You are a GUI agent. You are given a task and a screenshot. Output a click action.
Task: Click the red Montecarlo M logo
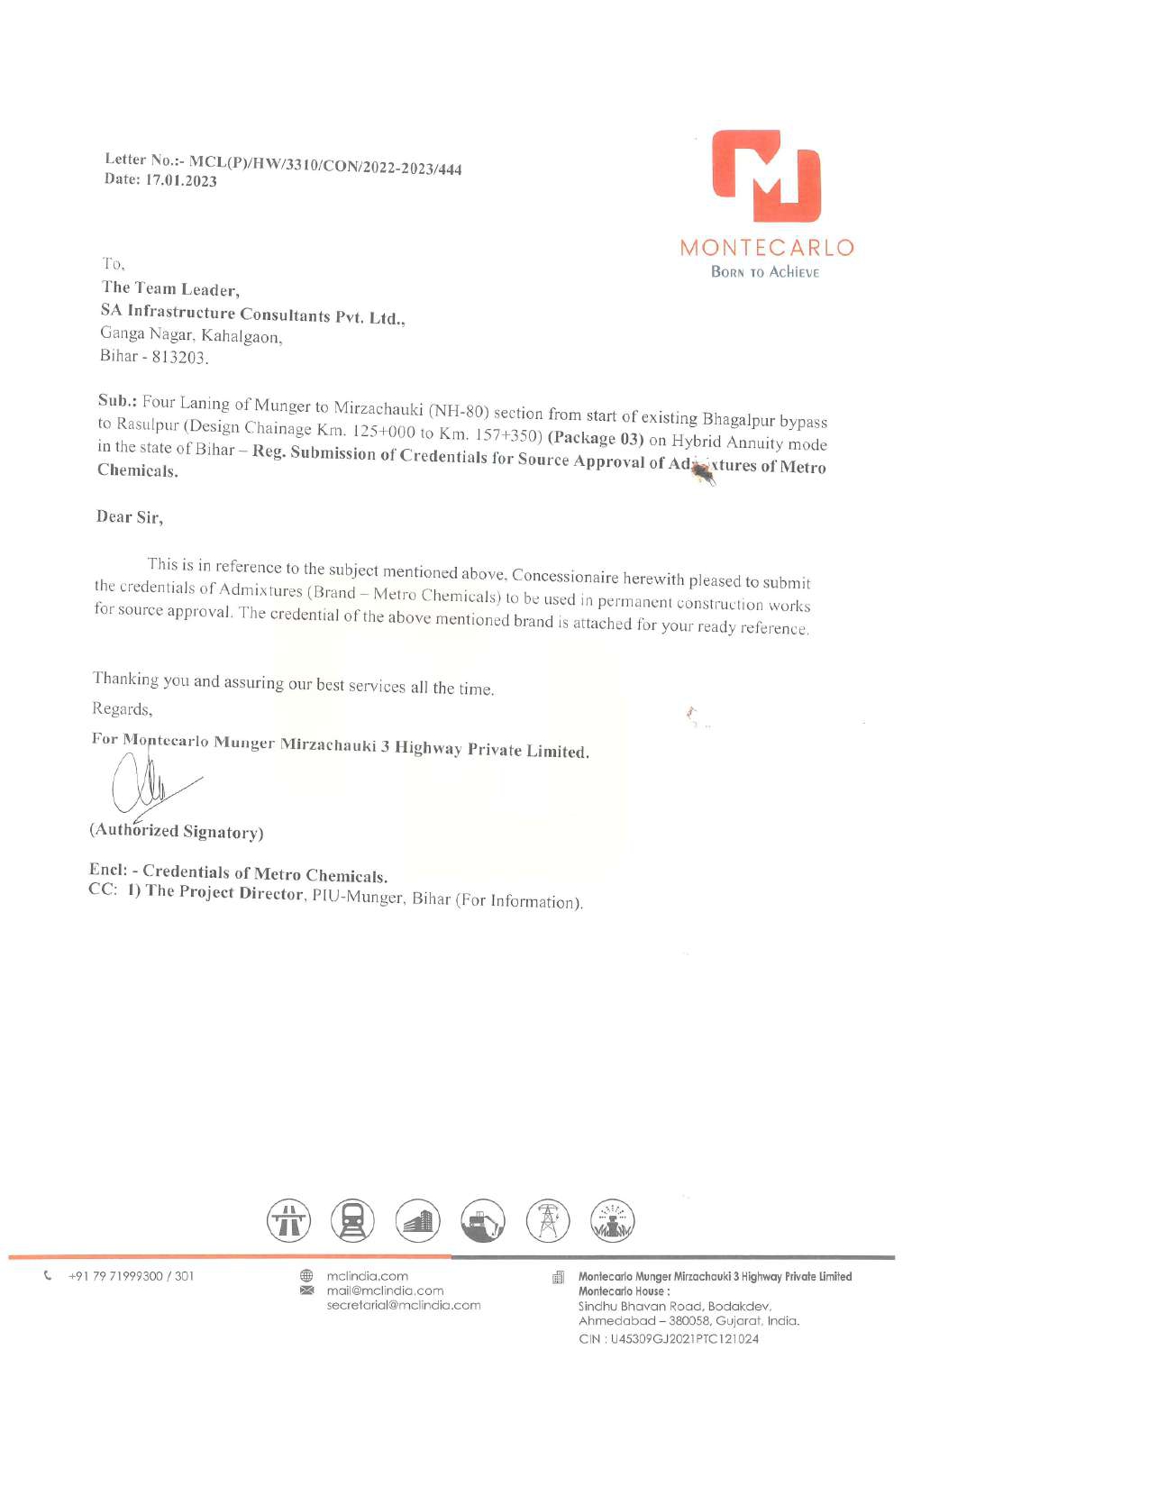[x=766, y=177]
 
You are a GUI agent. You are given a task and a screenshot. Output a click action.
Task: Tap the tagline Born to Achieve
[x=765, y=272]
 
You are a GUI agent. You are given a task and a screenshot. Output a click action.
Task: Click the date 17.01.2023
[x=181, y=180]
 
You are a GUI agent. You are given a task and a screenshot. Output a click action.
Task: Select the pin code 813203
[x=178, y=357]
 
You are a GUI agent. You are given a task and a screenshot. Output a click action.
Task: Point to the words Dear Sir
[x=129, y=517]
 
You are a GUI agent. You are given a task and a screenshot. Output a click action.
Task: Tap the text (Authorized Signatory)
[x=177, y=831]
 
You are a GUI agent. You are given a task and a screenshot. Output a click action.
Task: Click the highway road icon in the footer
[x=288, y=1221]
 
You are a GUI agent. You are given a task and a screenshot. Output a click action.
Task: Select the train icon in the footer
[x=352, y=1221]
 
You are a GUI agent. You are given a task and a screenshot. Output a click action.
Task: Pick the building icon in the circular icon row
[x=418, y=1221]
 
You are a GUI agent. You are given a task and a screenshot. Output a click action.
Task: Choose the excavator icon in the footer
[x=483, y=1221]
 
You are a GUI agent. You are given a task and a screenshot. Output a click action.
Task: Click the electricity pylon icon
[x=548, y=1221]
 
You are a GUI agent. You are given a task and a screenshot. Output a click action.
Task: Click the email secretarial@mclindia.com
[x=404, y=1305]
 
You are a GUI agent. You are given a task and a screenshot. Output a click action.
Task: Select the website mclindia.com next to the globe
[x=368, y=1276]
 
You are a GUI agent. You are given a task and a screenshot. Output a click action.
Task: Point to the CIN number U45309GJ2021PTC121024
[x=684, y=1339]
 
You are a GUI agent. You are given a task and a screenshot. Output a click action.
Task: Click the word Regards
[x=122, y=709]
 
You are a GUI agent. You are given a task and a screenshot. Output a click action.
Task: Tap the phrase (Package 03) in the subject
[x=596, y=439]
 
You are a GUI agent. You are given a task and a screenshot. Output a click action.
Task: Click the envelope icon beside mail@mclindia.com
[x=306, y=1291]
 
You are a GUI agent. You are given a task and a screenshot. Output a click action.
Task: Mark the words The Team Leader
[x=169, y=289]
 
